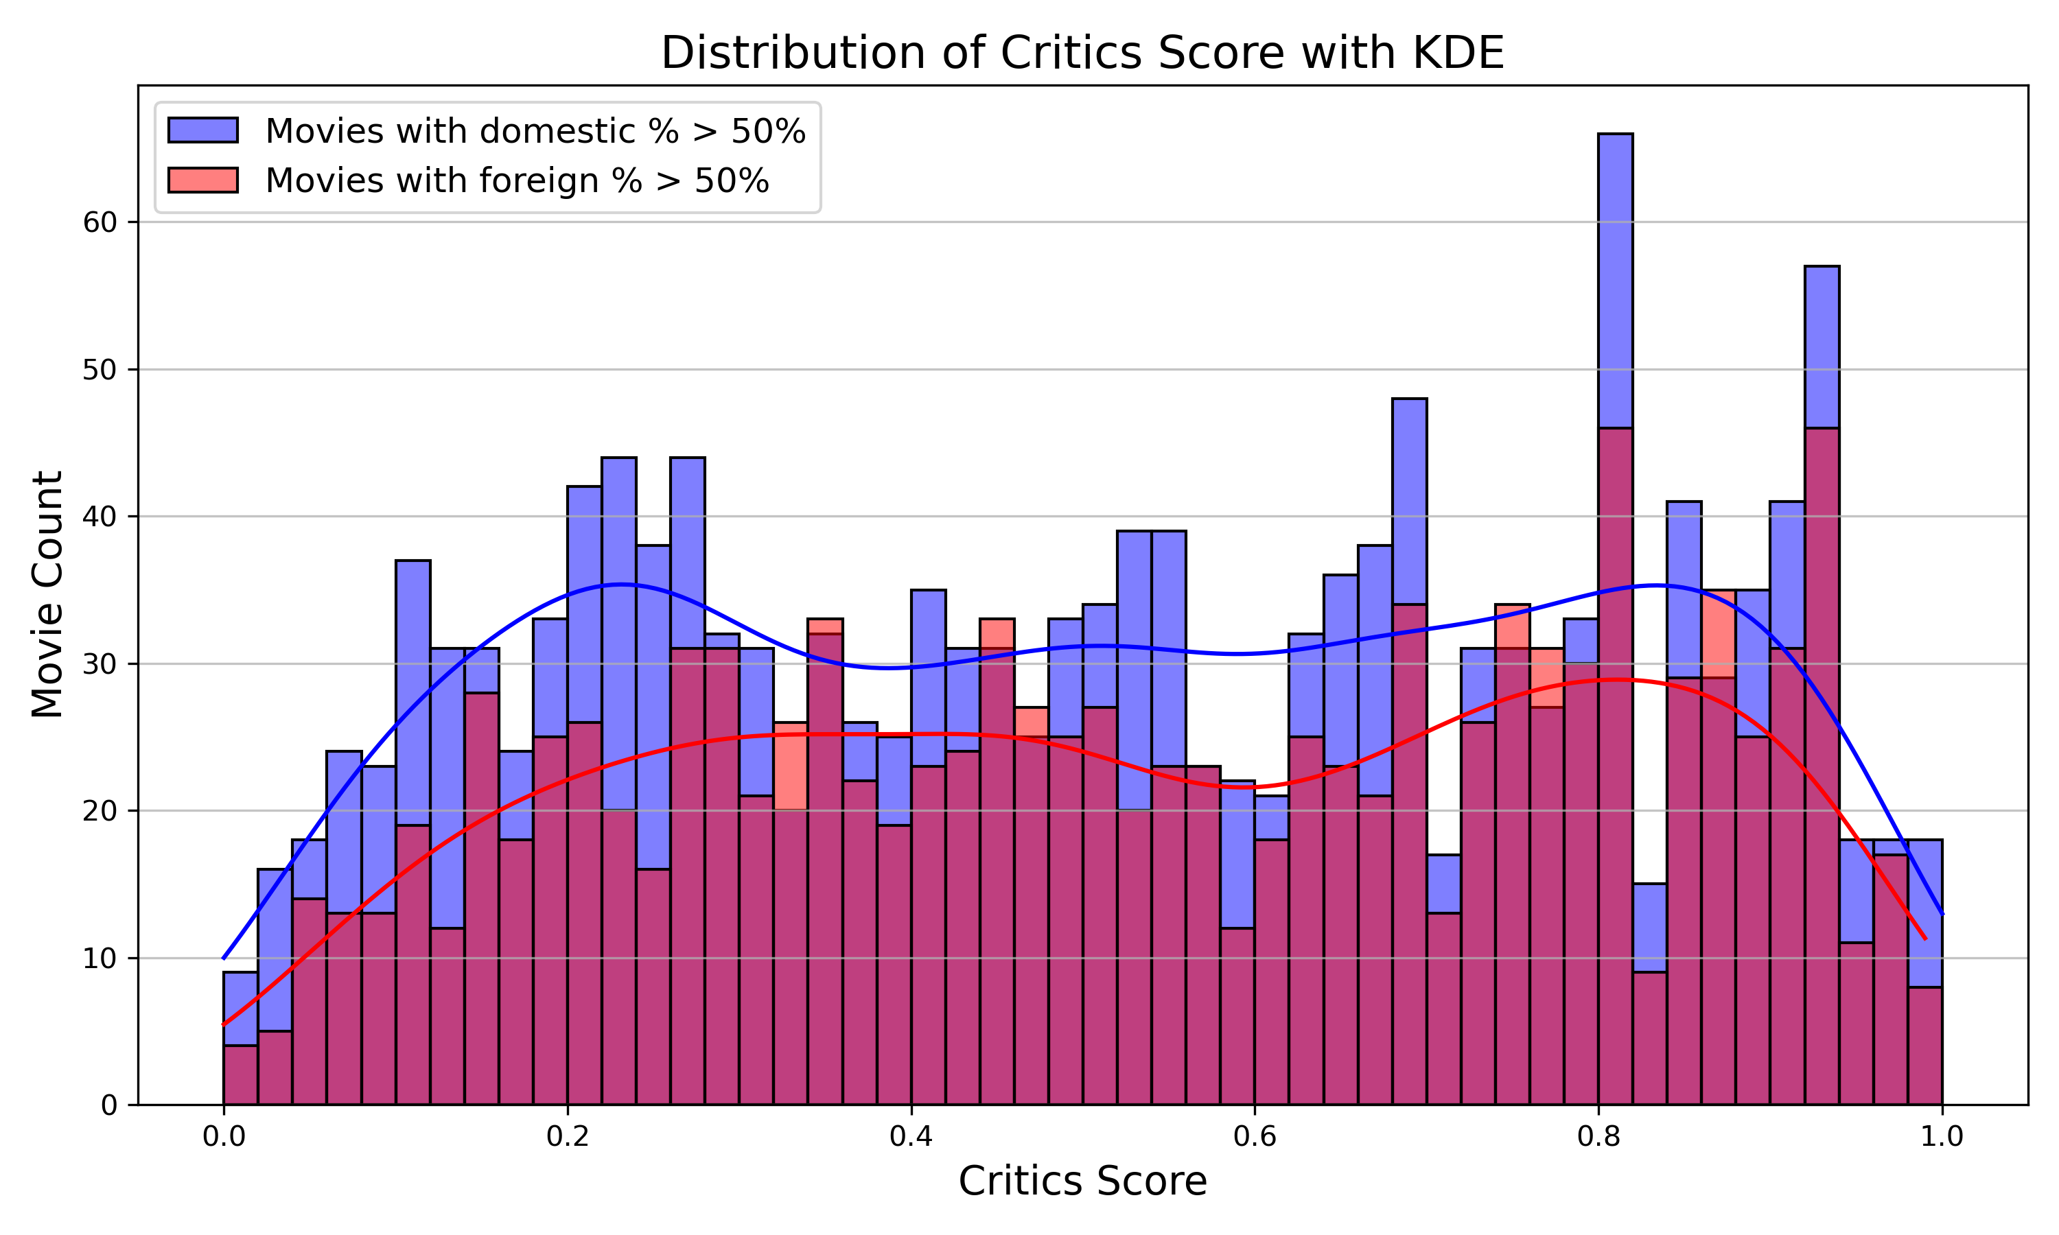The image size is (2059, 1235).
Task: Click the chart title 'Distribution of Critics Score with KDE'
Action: [x=1082, y=54]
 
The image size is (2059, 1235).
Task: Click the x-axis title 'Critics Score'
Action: [x=1082, y=1181]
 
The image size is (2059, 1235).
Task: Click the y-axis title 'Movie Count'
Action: [x=47, y=594]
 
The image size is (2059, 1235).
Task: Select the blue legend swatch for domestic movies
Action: [x=202, y=130]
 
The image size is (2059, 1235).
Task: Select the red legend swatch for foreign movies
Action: [x=202, y=180]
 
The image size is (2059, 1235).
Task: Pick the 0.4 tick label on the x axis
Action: [x=911, y=1137]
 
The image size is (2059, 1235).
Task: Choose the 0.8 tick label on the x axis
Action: [x=1598, y=1137]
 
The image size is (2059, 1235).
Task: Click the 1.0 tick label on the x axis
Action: [x=1942, y=1137]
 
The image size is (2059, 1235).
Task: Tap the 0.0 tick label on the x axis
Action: [x=223, y=1137]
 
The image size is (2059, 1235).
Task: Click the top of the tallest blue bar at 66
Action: [x=1614, y=134]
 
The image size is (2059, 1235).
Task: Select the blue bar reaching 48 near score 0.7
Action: [x=1409, y=499]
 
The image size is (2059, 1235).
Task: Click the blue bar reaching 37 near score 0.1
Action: [x=412, y=691]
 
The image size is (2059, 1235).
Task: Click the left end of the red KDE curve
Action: [x=224, y=1024]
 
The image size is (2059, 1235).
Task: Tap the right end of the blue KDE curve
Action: [x=1942, y=914]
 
